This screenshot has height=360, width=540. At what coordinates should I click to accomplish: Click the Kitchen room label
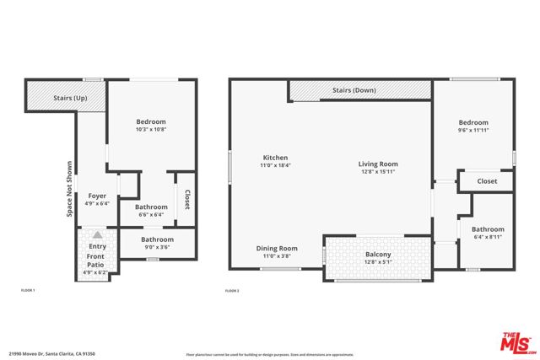click(276, 158)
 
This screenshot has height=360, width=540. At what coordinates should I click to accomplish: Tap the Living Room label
click(376, 164)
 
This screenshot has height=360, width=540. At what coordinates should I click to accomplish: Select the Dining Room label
click(278, 248)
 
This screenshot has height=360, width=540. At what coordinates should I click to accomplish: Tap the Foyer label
click(97, 196)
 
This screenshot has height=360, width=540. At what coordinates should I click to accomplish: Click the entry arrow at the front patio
click(97, 235)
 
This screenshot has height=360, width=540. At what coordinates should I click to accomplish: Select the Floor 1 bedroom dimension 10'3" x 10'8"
click(151, 130)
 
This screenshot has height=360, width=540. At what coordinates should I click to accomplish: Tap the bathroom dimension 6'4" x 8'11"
click(488, 237)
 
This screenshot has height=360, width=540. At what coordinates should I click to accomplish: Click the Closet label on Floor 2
click(487, 181)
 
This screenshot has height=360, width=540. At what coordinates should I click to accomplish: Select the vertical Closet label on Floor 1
click(186, 200)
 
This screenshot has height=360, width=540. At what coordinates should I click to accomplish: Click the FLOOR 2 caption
click(233, 290)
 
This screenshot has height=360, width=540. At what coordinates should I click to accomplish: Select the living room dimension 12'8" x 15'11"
click(376, 172)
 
